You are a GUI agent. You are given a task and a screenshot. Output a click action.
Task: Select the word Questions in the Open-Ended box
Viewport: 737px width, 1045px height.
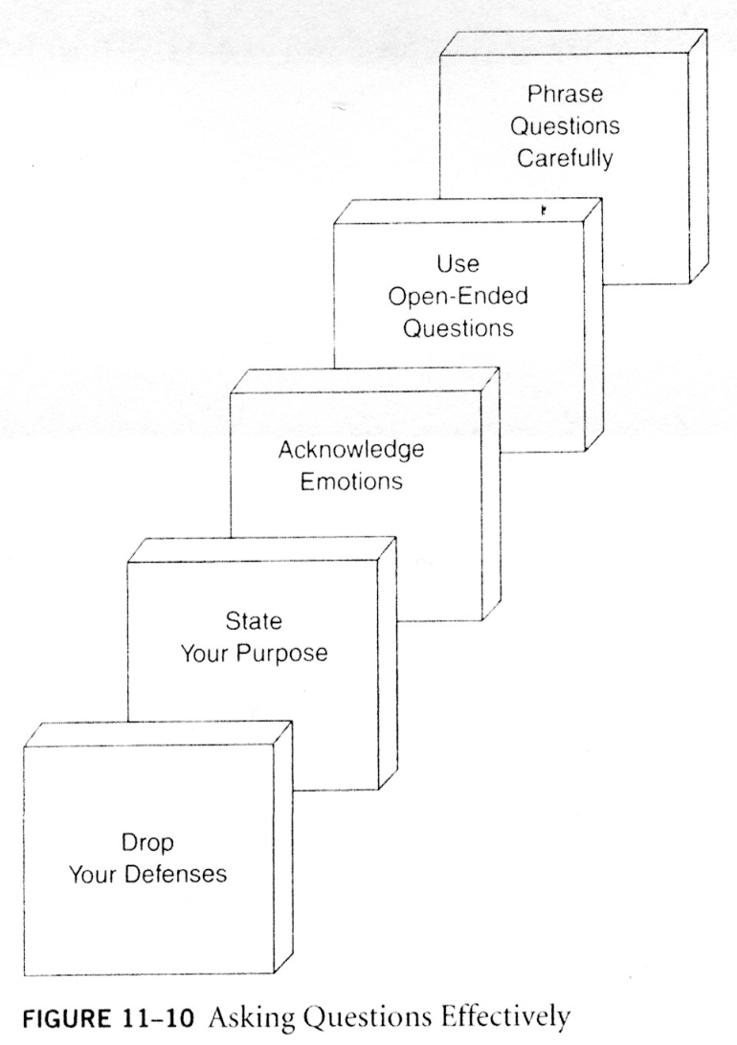[458, 328]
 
